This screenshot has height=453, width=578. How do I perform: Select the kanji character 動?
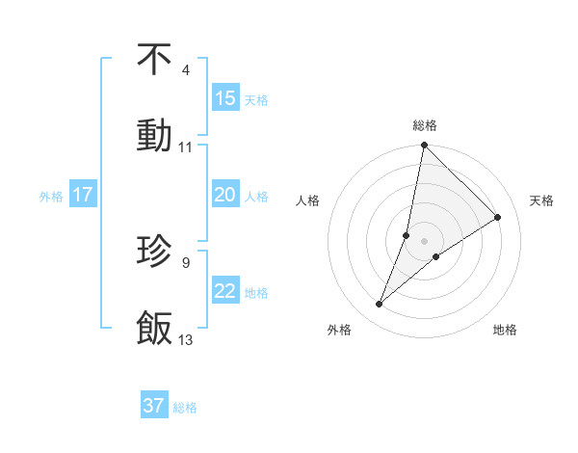pos(154,134)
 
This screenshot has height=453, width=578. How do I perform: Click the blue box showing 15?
pos(224,98)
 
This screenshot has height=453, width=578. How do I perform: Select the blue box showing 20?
pos(224,195)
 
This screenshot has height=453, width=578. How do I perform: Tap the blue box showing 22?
pos(224,291)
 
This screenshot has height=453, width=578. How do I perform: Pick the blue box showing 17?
pos(83,195)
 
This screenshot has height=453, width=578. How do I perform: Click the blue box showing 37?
pos(153,406)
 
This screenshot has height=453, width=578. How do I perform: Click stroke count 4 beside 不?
pos(185,70)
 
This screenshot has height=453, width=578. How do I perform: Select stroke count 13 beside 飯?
pos(185,339)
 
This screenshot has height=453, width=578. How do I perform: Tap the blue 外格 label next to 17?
pos(51,196)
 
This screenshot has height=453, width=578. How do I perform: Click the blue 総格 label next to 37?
pos(185,407)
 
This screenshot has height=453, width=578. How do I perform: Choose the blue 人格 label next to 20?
pos(256,196)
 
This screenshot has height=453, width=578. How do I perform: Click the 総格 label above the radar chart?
pos(424,125)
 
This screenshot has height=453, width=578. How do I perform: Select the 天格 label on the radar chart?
pos(541,200)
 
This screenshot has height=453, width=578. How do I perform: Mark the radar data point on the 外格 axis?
pos(380,305)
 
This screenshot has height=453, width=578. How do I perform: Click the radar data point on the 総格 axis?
pos(424,146)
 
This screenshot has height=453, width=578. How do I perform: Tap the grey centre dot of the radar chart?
pos(424,227)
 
